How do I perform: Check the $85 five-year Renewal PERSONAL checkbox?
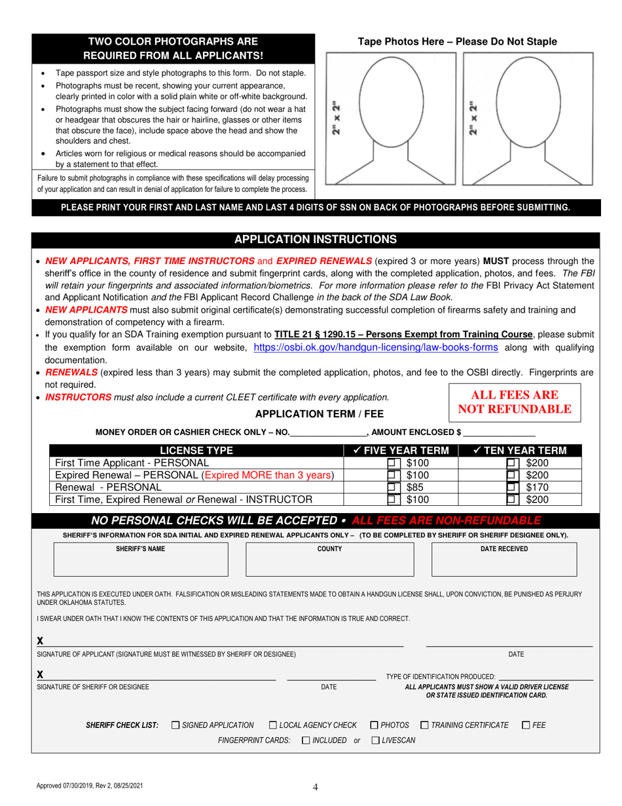pyautogui.click(x=393, y=488)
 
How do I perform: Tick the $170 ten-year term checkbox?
pyautogui.click(x=513, y=488)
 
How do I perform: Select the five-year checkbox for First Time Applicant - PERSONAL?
pyautogui.click(x=393, y=463)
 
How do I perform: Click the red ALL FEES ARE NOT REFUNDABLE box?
pyautogui.click(x=514, y=402)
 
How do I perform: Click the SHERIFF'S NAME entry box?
pyautogui.click(x=141, y=558)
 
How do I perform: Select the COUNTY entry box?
pyautogui.click(x=329, y=558)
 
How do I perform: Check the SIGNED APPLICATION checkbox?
pyautogui.click(x=176, y=725)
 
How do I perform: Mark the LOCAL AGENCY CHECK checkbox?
pyautogui.click(x=274, y=725)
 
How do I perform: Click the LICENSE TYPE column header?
pyautogui.click(x=196, y=451)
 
